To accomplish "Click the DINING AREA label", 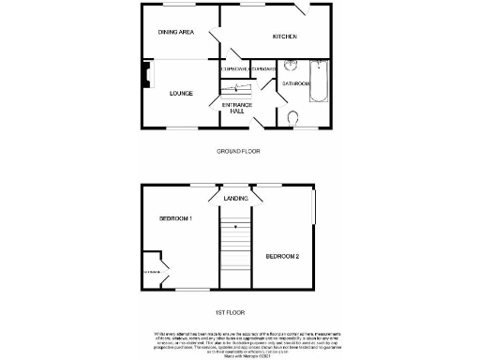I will point(175,33).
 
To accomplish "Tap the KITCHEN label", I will point(284,37).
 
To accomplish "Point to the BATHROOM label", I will point(295,83).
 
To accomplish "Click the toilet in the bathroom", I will point(294,118).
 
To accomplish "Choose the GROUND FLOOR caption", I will point(238,151).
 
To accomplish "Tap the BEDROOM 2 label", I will point(282,256).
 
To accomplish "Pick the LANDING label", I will point(235,199).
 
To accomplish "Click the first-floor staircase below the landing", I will point(235,253).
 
